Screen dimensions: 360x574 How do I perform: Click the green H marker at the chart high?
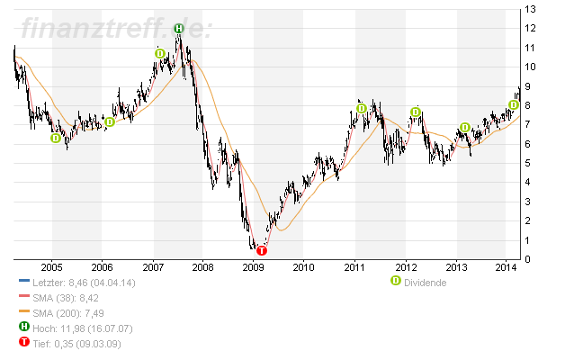(x=178, y=29)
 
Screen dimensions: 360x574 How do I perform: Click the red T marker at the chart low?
(x=261, y=250)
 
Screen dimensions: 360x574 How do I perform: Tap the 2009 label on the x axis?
(x=254, y=267)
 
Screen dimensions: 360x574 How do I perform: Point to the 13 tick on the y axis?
(x=532, y=9)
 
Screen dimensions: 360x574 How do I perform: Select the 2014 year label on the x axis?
(x=506, y=267)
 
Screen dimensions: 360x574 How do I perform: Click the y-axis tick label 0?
(x=529, y=260)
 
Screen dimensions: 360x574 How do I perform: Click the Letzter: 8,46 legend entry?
(x=78, y=282)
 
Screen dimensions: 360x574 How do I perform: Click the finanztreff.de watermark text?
(x=115, y=29)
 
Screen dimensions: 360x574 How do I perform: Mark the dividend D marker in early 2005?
(x=56, y=138)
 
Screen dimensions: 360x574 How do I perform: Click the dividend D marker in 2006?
(x=110, y=121)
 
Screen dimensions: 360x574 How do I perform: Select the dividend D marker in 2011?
(x=361, y=109)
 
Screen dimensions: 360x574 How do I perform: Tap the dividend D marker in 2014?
(x=513, y=104)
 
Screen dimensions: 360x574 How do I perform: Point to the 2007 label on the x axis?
(x=153, y=267)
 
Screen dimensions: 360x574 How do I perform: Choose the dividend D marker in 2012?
(x=415, y=112)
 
